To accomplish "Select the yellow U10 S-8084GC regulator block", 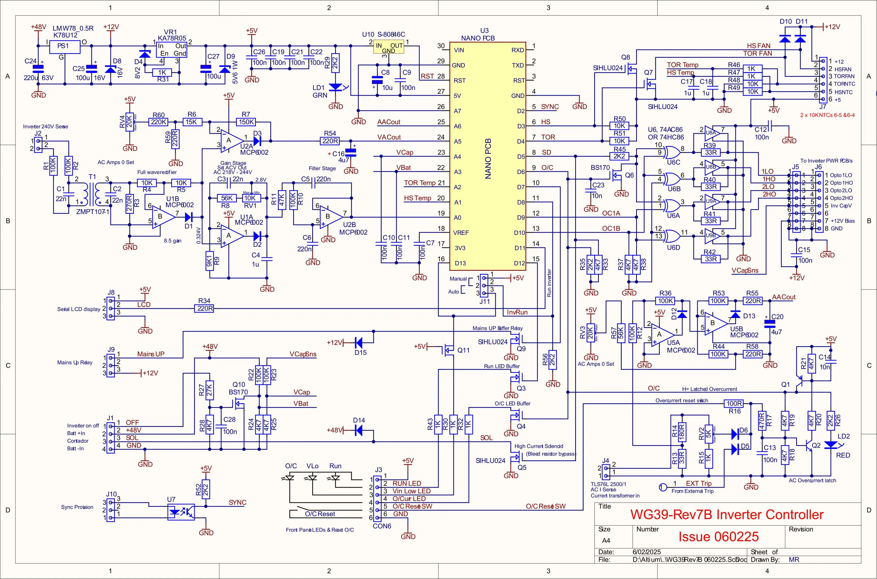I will pyautogui.click(x=389, y=47).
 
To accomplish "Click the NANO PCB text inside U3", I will pyautogui.click(x=488, y=159).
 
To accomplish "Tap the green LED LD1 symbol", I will pyautogui.click(x=335, y=87).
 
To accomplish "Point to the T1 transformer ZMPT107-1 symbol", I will pyautogui.click(x=92, y=194).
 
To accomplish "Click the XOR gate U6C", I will pyautogui.click(x=671, y=152).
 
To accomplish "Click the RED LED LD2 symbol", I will pyautogui.click(x=831, y=445).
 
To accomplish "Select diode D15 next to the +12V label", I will pyautogui.click(x=359, y=343).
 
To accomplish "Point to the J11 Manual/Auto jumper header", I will pyautogui.click(x=484, y=285).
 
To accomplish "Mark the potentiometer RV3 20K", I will pyautogui.click(x=590, y=334).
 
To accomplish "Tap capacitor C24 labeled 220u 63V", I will pyautogui.click(x=38, y=69).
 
